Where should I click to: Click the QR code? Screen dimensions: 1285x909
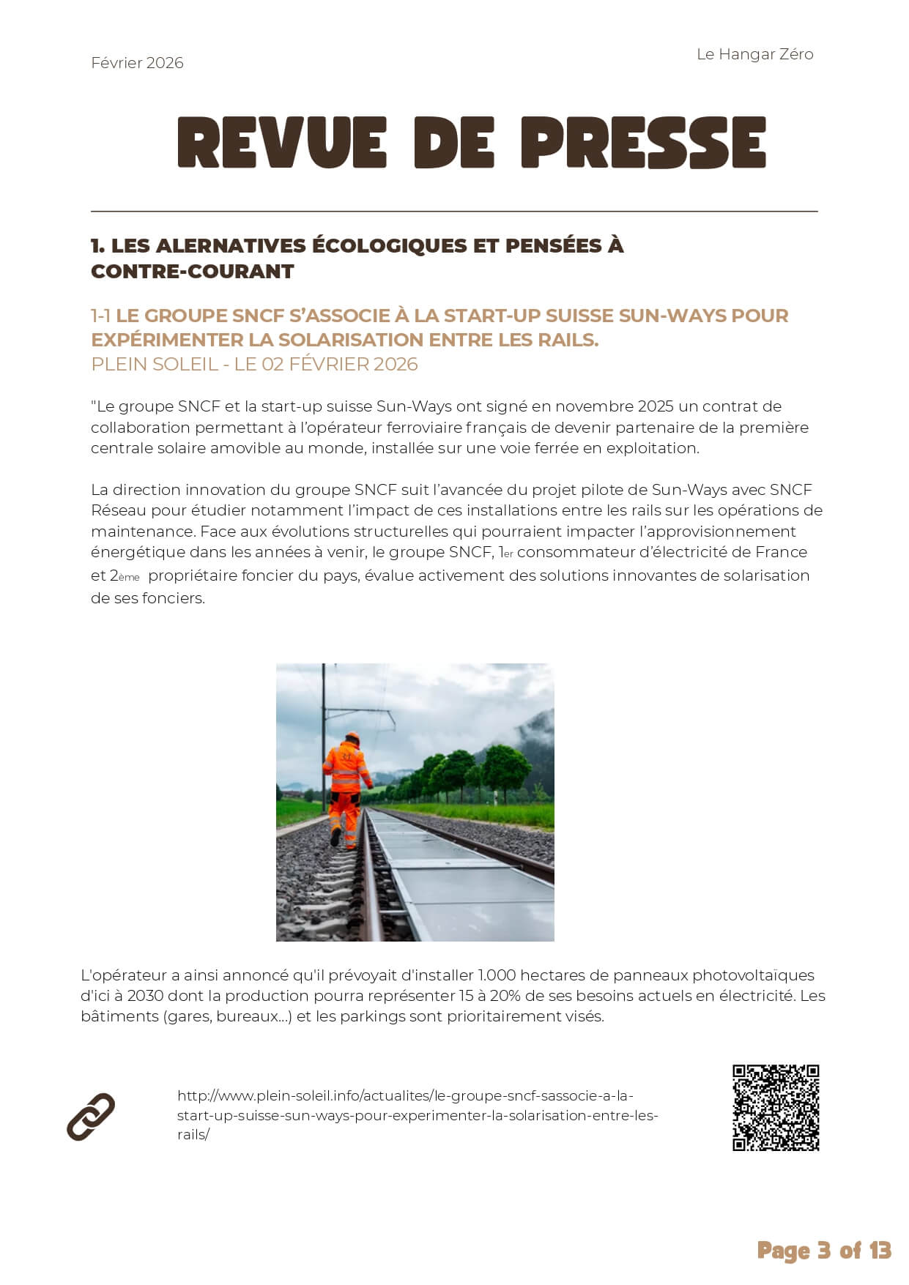[776, 1108]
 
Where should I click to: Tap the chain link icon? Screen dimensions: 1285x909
[91, 1117]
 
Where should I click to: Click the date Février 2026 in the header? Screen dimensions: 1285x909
[137, 63]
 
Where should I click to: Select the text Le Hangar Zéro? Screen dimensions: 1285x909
[754, 54]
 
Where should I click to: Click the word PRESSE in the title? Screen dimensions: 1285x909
[643, 143]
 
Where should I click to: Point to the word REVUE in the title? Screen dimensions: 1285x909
[282, 143]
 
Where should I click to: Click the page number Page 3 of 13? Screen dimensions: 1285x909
[823, 1250]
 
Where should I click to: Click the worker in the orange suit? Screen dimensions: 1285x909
[346, 787]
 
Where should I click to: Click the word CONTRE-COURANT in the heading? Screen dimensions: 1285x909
[192, 272]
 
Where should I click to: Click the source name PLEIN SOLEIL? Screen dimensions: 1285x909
[155, 364]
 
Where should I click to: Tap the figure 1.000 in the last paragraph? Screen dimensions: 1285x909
[497, 975]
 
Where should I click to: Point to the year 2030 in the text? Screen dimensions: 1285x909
[145, 996]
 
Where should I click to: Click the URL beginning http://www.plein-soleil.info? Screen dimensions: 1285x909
[418, 1115]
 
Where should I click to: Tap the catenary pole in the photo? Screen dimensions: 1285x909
[323, 725]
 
